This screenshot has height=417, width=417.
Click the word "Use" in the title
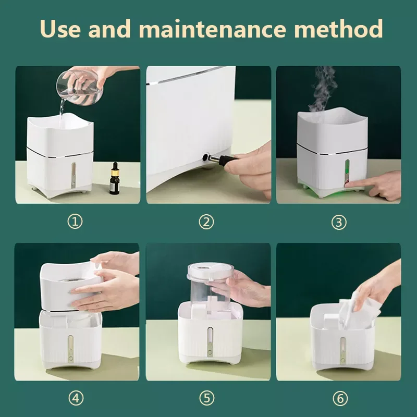point(60,29)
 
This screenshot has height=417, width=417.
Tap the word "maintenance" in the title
point(212,29)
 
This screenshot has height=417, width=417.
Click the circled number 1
point(75,222)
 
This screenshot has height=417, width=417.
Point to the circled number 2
point(206,222)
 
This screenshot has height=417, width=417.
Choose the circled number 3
point(339,222)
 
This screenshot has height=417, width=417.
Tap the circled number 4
point(76,398)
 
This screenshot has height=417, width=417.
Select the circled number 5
point(207,398)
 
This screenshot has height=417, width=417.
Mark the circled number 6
point(340,398)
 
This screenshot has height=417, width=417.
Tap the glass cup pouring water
point(79,87)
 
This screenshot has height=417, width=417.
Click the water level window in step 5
point(210,337)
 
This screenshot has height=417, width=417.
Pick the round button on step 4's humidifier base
point(71,358)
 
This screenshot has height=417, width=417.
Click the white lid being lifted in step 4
point(71,286)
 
